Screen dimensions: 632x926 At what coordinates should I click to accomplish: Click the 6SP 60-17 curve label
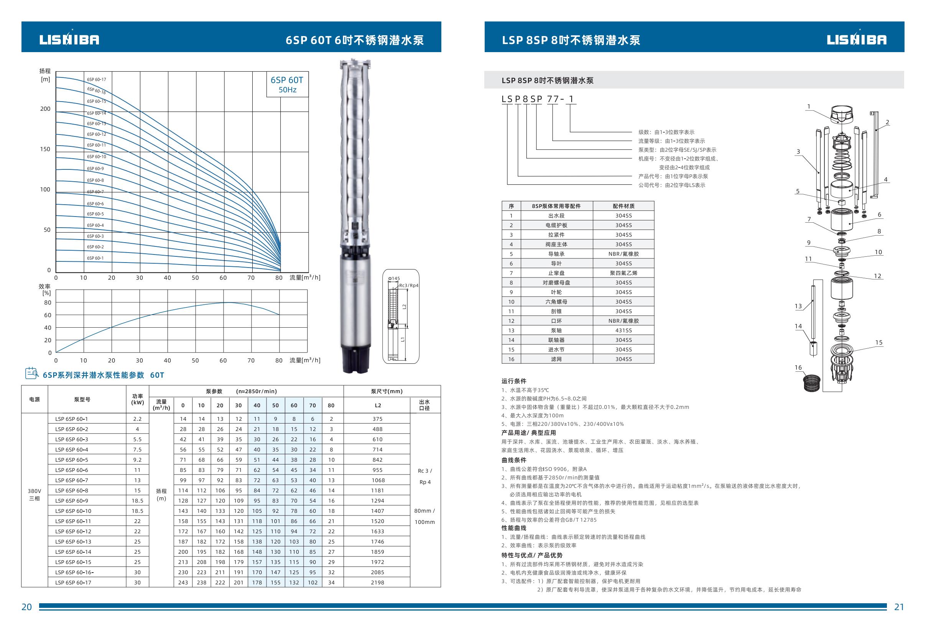point(96,80)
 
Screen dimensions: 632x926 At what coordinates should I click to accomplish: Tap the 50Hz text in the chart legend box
point(287,90)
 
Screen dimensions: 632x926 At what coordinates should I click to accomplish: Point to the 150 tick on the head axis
point(45,149)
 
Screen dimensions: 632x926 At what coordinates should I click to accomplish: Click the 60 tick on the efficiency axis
point(48,315)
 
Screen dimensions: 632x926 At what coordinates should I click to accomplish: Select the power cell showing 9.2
point(137,460)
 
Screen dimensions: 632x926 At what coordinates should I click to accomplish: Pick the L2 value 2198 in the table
point(377,582)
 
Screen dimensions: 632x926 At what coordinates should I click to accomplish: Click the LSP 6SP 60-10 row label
point(73,511)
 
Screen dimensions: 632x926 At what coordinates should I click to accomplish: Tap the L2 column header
point(377,405)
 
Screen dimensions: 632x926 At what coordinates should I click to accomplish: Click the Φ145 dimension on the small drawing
point(394,279)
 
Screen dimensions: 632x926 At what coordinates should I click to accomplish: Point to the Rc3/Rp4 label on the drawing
point(409,286)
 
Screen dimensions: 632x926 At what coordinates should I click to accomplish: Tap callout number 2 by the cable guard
point(887,122)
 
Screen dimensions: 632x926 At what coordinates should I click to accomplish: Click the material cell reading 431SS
point(623,330)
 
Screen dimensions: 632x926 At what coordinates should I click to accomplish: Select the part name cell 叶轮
point(556,292)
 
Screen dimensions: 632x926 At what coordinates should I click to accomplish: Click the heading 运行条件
point(513,381)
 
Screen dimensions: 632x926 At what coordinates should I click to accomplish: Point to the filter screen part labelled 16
point(811,383)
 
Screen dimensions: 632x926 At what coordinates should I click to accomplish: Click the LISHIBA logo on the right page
point(857,39)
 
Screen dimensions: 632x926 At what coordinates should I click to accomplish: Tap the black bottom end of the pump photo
point(354,360)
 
